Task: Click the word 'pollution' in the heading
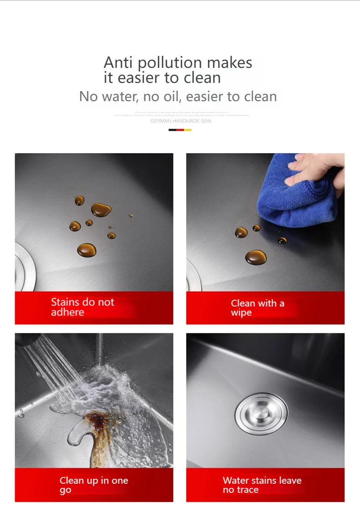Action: [170, 62]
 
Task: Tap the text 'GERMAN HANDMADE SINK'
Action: [181, 121]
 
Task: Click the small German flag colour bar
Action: [180, 130]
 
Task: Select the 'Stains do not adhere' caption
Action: [82, 307]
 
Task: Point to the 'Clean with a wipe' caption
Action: [257, 308]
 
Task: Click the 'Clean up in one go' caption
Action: [93, 485]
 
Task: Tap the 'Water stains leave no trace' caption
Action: [262, 485]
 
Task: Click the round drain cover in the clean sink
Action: [262, 414]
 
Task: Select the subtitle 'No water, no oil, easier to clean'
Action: [178, 97]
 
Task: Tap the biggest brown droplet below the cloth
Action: [256, 257]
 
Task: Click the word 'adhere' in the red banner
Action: [67, 312]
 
